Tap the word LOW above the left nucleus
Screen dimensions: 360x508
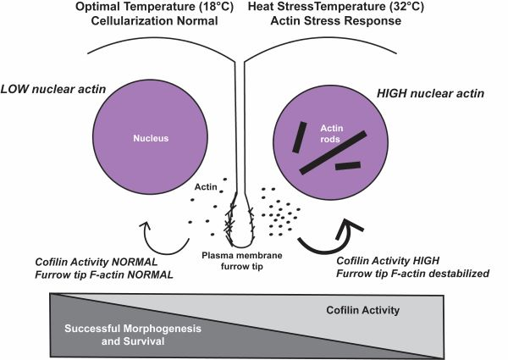pyautogui.click(x=22, y=87)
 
